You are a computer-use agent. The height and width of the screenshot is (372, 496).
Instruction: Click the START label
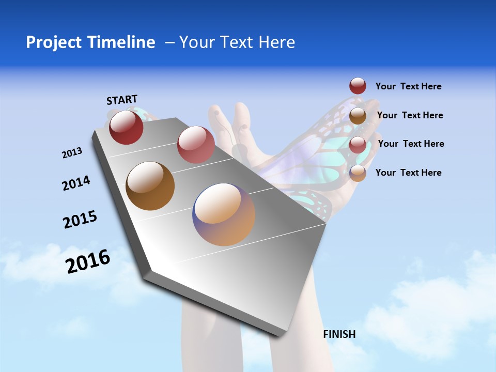(122, 100)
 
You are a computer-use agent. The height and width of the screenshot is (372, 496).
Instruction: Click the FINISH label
(339, 334)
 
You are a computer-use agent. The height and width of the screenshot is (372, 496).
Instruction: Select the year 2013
(72, 153)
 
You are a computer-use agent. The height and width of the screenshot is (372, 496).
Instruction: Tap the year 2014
(76, 183)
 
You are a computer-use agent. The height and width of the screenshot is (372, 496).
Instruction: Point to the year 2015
(80, 220)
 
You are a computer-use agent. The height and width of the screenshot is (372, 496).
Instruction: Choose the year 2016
(88, 261)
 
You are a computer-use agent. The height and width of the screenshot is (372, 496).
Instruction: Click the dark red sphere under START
(126, 127)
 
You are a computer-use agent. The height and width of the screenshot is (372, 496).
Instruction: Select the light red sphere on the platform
(196, 145)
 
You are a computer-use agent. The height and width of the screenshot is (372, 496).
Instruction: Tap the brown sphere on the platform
(150, 186)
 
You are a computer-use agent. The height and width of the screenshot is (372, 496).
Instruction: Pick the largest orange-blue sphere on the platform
(224, 214)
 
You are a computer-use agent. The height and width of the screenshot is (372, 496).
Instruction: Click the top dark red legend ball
(358, 86)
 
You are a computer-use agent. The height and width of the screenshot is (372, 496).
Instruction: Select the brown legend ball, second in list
(358, 116)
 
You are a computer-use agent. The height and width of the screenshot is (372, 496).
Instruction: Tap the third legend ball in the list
(358, 145)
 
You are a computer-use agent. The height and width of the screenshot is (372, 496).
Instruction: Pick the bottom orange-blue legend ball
(358, 173)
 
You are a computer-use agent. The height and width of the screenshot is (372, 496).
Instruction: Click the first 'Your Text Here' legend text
(408, 86)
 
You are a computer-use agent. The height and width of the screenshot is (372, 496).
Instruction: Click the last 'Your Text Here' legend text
(408, 173)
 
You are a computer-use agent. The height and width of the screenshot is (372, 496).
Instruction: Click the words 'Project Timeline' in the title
(90, 42)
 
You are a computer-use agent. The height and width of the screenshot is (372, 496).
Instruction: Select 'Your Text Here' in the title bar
(237, 42)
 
